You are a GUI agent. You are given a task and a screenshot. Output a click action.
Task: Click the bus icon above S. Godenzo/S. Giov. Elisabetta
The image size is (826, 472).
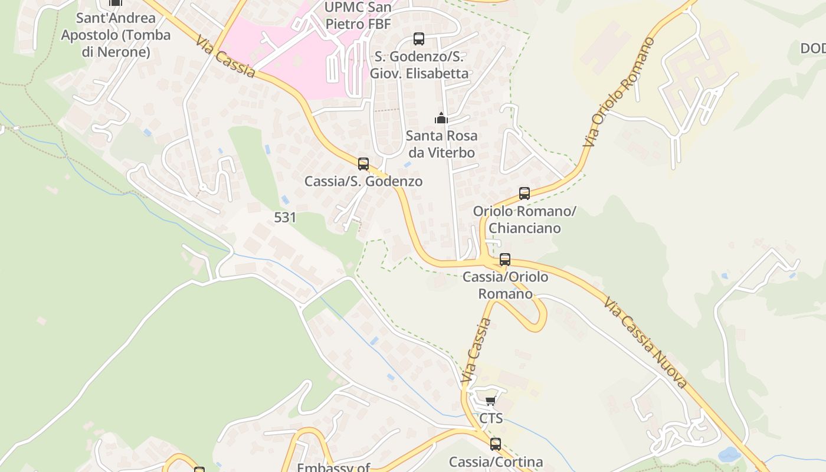pos(419,39)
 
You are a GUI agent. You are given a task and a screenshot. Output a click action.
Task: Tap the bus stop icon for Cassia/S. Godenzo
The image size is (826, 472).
pos(363,164)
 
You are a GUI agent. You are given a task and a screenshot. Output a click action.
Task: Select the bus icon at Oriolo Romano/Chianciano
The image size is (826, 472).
pos(525,193)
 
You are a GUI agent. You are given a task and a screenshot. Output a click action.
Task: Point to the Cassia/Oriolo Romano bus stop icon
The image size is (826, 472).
pos(505,259)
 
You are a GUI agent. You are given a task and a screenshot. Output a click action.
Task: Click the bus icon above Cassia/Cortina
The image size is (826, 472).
pos(496,444)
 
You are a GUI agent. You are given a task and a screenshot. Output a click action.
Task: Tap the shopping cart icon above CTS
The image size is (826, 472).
pos(490,401)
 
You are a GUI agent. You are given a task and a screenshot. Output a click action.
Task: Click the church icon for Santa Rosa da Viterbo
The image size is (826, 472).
pos(441,118)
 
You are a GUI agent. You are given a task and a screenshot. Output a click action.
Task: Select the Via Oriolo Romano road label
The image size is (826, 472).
pos(619,92)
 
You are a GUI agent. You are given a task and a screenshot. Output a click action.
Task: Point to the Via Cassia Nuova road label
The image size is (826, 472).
pos(645,343)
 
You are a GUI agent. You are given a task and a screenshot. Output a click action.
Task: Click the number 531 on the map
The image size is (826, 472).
pos(285,217)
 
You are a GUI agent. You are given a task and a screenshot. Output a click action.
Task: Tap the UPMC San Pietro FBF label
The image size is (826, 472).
pos(358,16)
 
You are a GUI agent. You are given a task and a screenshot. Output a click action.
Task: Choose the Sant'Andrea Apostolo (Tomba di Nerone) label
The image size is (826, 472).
pos(116,35)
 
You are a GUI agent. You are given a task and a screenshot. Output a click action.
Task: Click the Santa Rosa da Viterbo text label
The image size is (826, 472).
pos(441,144)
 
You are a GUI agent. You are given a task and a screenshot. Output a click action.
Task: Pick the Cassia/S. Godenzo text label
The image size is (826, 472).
pos(363,181)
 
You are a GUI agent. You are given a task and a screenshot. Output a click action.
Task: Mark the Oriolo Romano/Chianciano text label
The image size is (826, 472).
pos(525,219)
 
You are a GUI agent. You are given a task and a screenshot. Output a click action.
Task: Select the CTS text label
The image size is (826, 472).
pos(491,418)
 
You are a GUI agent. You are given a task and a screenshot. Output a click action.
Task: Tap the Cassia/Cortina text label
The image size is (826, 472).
pos(496,461)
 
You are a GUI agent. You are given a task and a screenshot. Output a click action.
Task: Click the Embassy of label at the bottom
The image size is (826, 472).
pos(333,467)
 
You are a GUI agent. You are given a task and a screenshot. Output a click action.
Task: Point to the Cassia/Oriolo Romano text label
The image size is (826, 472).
pos(505,285)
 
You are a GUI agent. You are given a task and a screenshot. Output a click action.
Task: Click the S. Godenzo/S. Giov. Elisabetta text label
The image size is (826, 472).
pos(419,65)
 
